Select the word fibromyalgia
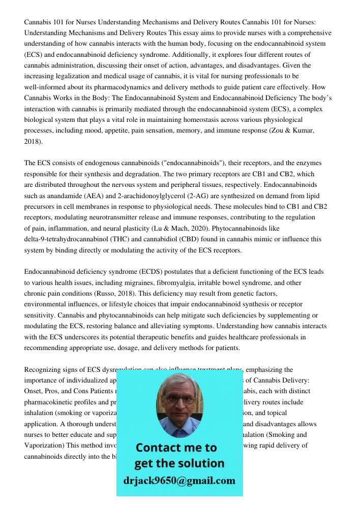tap(175, 282)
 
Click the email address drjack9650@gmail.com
tap(179, 480)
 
